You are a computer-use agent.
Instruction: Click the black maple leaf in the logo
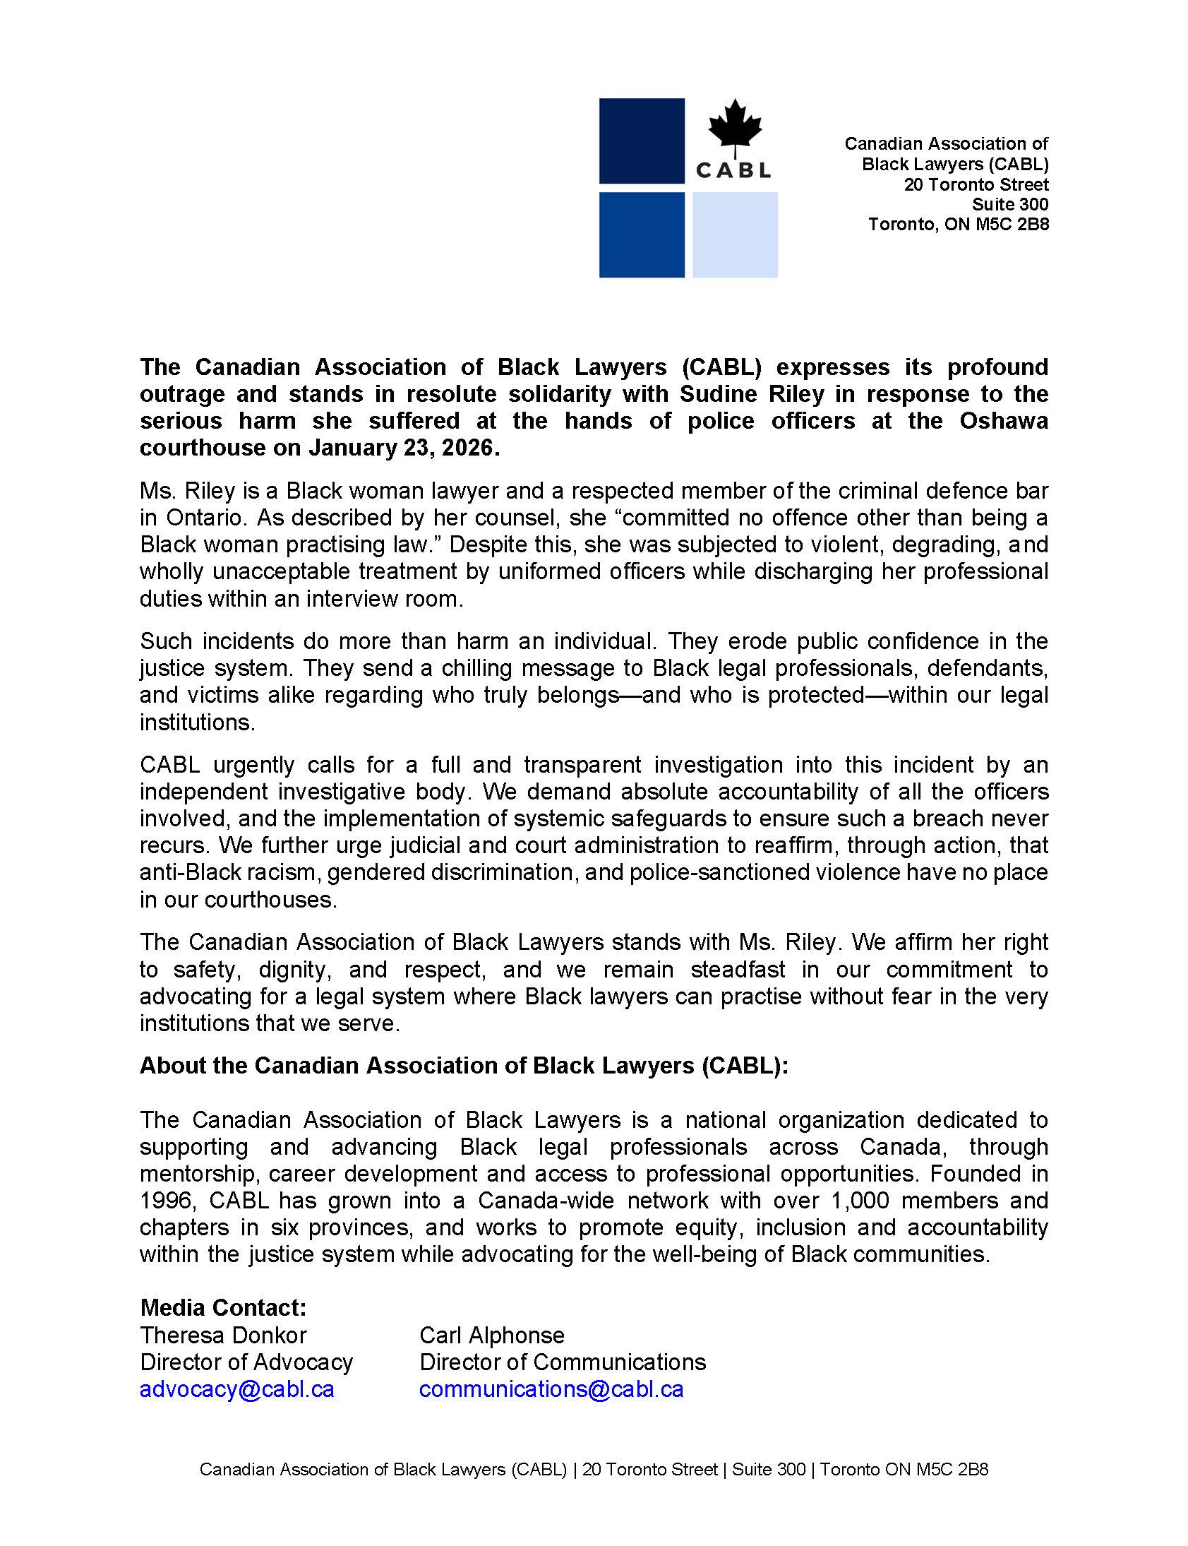[735, 124]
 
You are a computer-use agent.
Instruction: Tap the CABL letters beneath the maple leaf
[733, 170]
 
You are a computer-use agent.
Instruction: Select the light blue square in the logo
[735, 234]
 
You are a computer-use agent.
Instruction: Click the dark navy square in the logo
[642, 141]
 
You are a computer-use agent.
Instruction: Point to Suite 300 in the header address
[1009, 205]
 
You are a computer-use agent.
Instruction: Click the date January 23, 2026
[403, 448]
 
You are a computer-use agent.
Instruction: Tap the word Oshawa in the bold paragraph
[1003, 421]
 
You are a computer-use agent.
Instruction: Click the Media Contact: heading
[224, 1307]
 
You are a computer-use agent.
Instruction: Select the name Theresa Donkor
[224, 1335]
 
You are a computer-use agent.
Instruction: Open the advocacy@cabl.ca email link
[237, 1389]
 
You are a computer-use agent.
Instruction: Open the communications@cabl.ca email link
[551, 1389]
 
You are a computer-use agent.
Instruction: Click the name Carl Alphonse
[491, 1335]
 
